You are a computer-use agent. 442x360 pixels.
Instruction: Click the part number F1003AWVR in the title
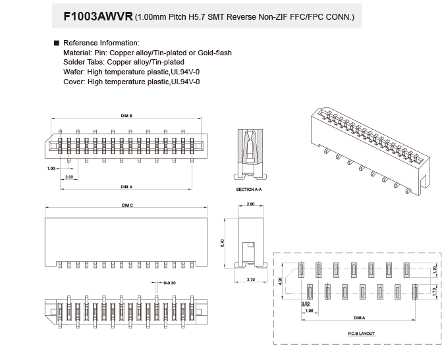98,16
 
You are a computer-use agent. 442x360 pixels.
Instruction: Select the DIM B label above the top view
126,116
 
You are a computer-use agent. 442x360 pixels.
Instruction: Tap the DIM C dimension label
127,205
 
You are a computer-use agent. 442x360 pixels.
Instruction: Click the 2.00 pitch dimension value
69,177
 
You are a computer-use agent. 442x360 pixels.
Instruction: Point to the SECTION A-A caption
249,190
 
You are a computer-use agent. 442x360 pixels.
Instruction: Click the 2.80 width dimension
250,204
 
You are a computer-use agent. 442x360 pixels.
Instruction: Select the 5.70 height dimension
223,243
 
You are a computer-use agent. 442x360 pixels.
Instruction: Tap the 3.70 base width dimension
251,280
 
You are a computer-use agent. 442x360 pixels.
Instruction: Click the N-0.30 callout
170,283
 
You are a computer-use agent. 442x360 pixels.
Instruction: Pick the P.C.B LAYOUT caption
362,334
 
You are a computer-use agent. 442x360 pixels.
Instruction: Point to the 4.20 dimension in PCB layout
280,281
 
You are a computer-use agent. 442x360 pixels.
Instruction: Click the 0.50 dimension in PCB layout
306,303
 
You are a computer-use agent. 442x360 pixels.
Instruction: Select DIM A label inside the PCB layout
360,318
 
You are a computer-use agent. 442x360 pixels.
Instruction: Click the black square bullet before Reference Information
57,43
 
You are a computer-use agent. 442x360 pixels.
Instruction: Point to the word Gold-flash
215,53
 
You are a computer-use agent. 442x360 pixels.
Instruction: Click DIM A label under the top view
126,187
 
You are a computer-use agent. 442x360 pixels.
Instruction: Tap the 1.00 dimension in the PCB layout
309,311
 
